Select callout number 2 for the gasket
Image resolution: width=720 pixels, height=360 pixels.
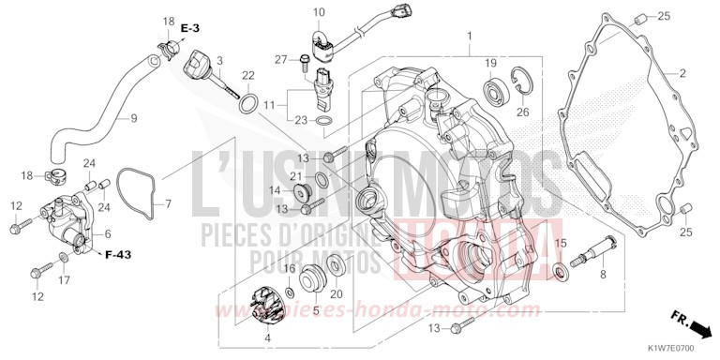click(683, 73)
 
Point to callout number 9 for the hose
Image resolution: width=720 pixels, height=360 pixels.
click(133, 118)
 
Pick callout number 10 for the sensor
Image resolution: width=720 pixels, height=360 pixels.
click(318, 13)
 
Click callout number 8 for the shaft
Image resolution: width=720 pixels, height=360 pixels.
click(602, 275)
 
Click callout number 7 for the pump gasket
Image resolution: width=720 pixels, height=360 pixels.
click(169, 203)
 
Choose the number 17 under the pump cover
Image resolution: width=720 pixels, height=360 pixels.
click(64, 279)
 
